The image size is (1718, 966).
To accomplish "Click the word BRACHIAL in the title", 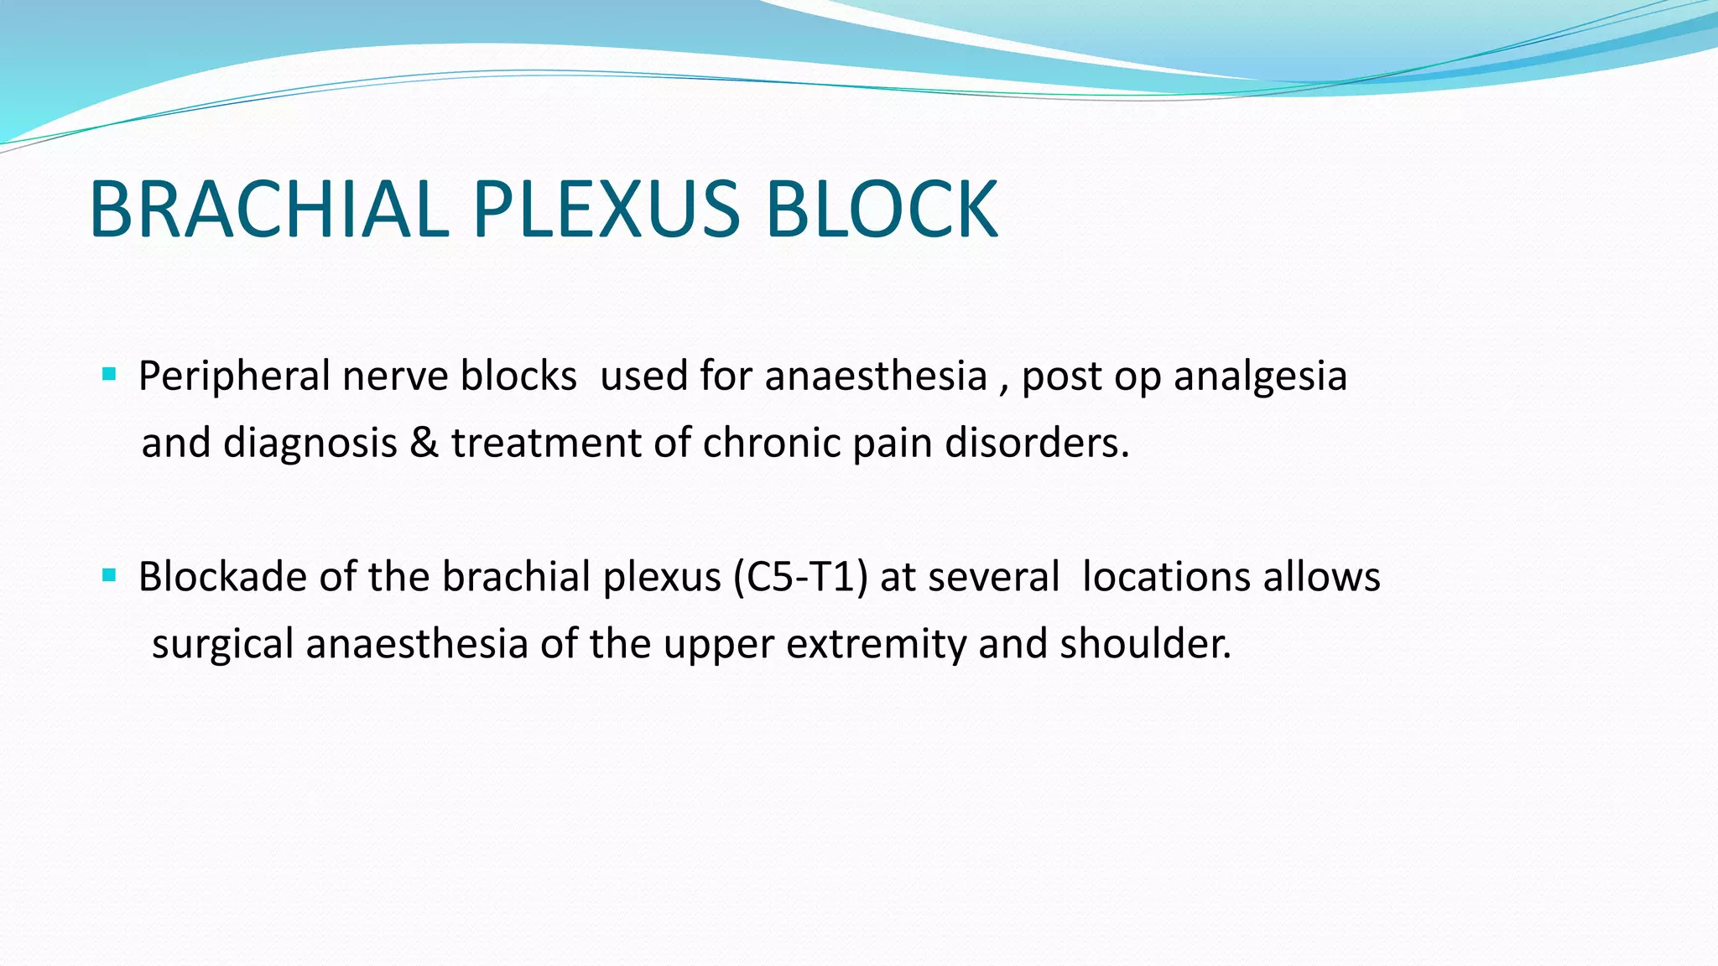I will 268,209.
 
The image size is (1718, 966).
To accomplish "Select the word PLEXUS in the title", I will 607,209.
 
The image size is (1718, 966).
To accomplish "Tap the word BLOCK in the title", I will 881,209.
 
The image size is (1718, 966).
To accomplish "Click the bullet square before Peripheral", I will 109,374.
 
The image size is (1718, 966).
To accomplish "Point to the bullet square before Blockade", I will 109,575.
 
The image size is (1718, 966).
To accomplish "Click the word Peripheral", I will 234,376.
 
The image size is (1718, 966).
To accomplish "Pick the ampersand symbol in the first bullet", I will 424,443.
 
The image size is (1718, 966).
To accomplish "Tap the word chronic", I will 771,443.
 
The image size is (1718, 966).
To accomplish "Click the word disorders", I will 1037,443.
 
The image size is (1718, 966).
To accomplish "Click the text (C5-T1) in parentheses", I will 800,577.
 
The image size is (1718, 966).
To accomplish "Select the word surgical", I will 222,645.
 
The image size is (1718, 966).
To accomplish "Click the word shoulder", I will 1145,644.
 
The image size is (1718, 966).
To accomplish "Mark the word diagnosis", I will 310,444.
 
